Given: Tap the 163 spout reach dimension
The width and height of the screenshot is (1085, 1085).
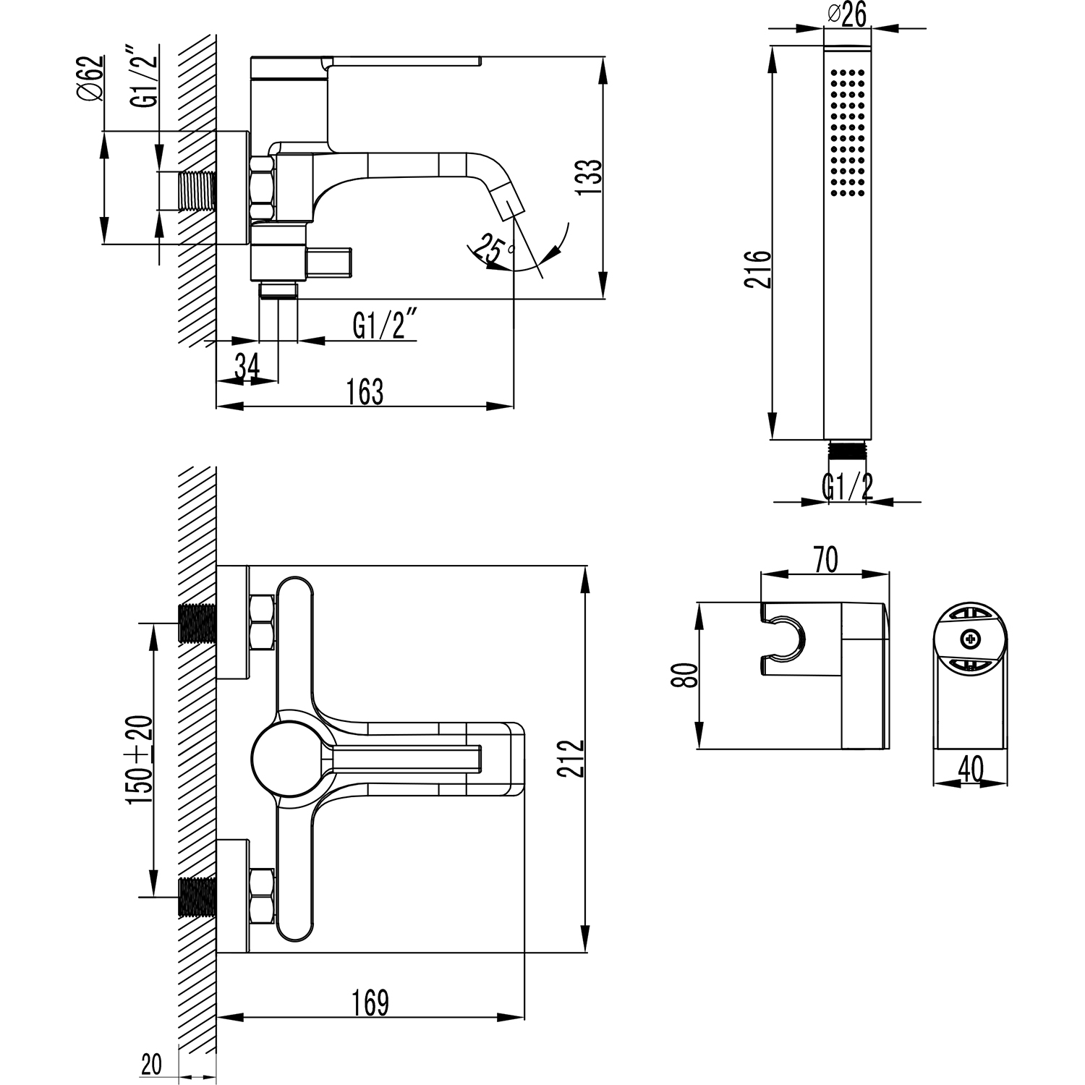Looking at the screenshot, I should tap(365, 391).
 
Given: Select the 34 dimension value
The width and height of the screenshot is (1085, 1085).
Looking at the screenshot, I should tap(247, 367).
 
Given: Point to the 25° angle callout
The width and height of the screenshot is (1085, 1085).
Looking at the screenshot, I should tap(492, 250).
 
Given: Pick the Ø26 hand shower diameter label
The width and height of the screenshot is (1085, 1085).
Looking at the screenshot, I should tap(846, 14).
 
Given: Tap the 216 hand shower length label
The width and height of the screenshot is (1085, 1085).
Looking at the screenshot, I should tap(759, 269).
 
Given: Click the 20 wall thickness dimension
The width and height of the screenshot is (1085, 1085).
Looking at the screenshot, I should tap(151, 1064).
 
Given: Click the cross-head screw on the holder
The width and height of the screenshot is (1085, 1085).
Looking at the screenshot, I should tap(969, 639).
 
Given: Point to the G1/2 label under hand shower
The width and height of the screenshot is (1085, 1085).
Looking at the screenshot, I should tap(847, 487).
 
